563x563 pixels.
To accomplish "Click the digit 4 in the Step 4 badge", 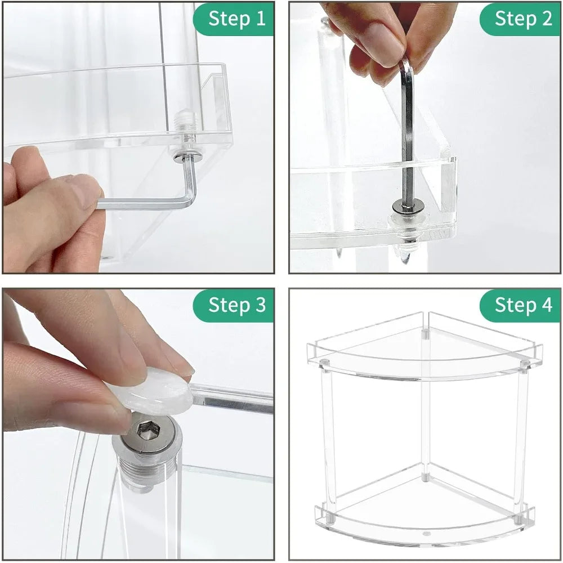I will pos(546,305).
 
